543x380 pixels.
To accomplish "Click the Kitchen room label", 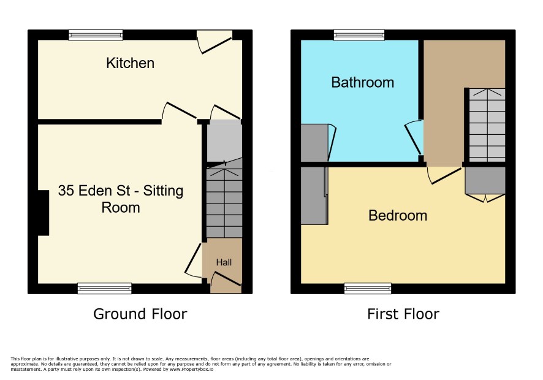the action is [130, 63].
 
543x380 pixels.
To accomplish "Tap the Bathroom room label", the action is [363, 83].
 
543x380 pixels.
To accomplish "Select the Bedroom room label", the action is [398, 216].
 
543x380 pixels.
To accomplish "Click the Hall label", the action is [224, 262].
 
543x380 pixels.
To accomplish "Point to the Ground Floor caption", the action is [140, 314].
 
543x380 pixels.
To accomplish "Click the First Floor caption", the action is [403, 314].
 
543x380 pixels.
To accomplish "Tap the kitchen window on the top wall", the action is [96, 36].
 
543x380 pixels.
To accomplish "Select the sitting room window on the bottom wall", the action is [105, 288].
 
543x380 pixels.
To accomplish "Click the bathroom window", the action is [359, 36].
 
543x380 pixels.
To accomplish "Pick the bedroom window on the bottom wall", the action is [368, 288].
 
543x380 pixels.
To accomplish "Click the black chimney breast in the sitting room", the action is [44, 213].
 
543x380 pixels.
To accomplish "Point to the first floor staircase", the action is [487, 125].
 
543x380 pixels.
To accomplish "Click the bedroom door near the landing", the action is [444, 175].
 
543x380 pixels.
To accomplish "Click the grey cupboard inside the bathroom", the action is [314, 143].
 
